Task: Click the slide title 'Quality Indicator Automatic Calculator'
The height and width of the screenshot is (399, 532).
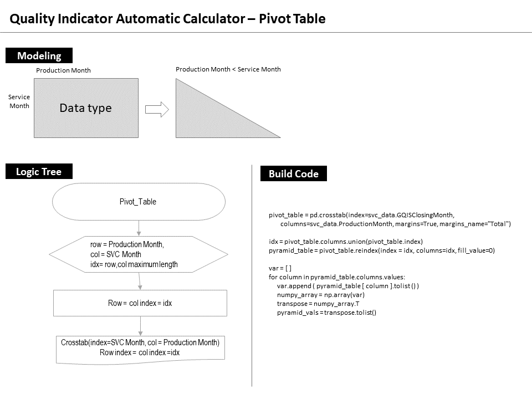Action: (167, 19)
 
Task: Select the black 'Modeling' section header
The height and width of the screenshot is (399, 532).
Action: (39, 55)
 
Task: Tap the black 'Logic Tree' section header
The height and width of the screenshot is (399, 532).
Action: (39, 172)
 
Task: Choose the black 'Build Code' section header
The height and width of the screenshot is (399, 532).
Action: (294, 174)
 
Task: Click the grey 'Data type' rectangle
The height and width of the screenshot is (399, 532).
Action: (86, 108)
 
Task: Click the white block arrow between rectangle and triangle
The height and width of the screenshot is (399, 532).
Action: (156, 109)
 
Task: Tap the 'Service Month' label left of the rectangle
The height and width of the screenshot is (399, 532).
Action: (19, 101)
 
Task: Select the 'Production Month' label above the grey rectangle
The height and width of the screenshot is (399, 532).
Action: (63, 70)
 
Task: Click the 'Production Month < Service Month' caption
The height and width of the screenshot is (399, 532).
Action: (228, 69)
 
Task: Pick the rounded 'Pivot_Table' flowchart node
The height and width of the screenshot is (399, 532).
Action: (139, 202)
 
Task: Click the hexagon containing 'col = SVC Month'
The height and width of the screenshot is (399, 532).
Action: (139, 254)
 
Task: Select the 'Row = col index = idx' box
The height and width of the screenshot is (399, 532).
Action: (140, 303)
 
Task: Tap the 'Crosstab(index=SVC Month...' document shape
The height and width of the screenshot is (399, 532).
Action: (140, 348)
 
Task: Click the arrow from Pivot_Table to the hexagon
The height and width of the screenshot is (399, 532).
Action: (139, 227)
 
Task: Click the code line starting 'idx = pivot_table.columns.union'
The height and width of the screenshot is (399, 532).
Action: (345, 241)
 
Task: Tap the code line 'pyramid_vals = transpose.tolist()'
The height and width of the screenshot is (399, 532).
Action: (327, 313)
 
